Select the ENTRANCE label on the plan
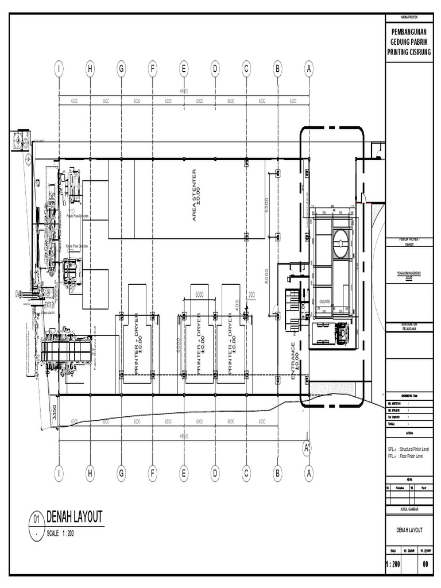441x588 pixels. pyautogui.click(x=295, y=361)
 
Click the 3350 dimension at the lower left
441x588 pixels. pyautogui.click(x=55, y=414)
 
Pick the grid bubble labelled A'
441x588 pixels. pyautogui.click(x=307, y=446)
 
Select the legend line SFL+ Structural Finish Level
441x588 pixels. pyautogui.click(x=412, y=448)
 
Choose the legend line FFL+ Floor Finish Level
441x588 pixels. pyautogui.click(x=410, y=455)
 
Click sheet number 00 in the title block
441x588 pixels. pyautogui.click(x=425, y=565)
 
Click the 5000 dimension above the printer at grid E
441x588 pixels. pyautogui.click(x=199, y=294)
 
